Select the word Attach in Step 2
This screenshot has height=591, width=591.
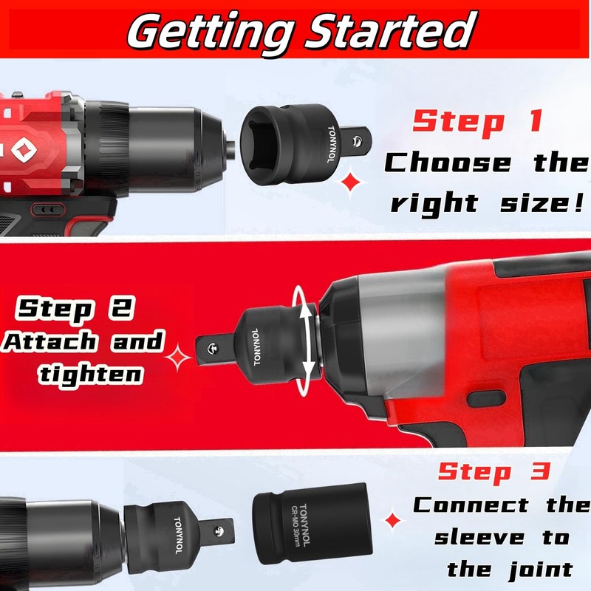pos(49,342)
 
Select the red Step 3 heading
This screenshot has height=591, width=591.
pos(494,471)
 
